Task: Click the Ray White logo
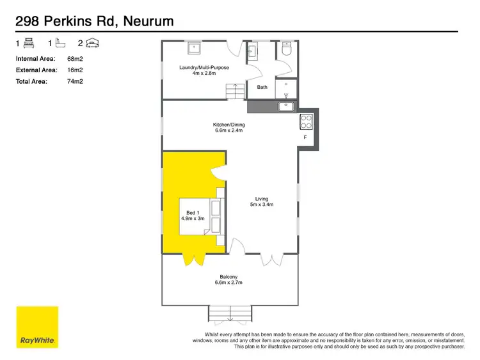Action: (37, 327)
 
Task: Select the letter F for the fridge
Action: (305, 137)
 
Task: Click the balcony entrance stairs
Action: (229, 314)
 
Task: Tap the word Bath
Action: (262, 88)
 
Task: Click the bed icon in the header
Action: (29, 43)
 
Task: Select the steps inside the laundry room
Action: (236, 92)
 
